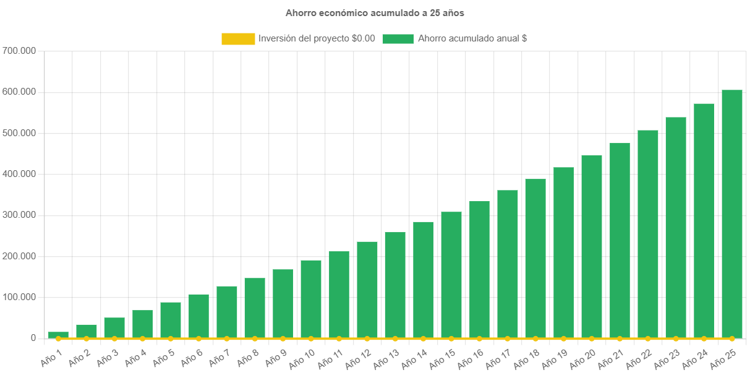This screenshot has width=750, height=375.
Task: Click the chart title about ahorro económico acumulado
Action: (x=375, y=12)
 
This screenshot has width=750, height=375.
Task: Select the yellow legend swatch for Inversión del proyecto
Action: (x=238, y=38)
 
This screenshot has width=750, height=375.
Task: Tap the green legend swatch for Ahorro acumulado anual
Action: (x=398, y=38)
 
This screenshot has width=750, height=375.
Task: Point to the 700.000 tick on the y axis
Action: (x=20, y=50)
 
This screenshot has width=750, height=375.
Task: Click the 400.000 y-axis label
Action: (x=20, y=174)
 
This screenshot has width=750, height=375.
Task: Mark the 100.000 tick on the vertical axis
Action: (x=20, y=297)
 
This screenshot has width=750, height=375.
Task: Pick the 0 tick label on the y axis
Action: (x=33, y=338)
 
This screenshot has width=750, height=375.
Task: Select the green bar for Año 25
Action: (x=732, y=214)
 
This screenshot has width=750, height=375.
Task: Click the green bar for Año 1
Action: (x=58, y=335)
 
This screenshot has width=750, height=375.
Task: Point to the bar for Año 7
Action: (x=227, y=312)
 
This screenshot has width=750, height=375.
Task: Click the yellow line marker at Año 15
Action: (x=451, y=338)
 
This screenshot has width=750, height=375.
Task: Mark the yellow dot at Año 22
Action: (x=648, y=338)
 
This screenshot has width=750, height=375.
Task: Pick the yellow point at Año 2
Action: (x=87, y=338)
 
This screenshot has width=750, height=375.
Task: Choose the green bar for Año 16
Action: (x=479, y=270)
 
